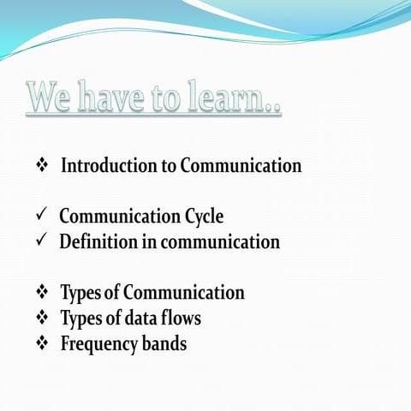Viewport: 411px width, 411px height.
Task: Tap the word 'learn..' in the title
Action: click(241, 98)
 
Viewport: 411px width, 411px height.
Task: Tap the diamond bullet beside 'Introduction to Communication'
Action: click(41, 165)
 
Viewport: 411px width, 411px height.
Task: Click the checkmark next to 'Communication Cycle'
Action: click(41, 216)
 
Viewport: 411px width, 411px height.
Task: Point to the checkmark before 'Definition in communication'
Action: click(41, 241)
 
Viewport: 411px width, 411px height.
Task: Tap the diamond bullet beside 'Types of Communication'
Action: click(41, 293)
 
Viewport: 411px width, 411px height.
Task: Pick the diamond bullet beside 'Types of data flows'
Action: click(41, 319)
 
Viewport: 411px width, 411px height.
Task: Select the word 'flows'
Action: click(182, 319)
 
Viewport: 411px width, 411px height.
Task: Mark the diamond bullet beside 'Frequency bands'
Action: click(41, 344)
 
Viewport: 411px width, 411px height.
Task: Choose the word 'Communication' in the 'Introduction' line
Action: click(241, 165)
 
